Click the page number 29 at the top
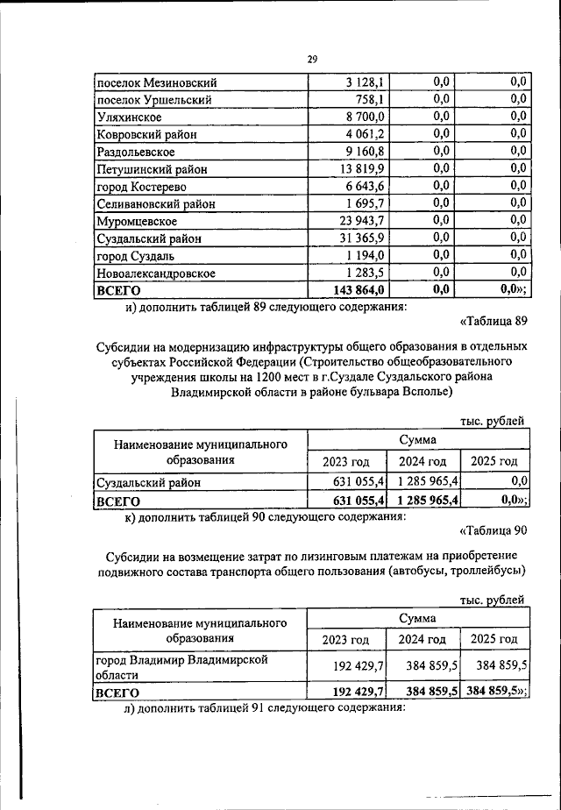click(312, 59)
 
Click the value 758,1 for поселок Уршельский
click(373, 100)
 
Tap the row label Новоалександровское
click(155, 274)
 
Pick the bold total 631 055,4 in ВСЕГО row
click(353, 501)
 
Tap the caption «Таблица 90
click(492, 530)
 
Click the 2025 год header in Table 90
click(494, 639)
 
